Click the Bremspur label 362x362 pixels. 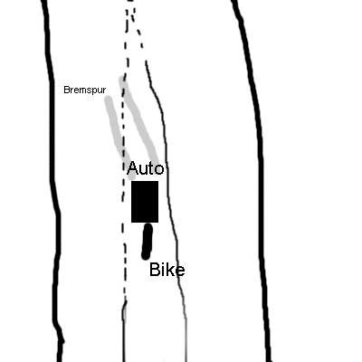[85, 90]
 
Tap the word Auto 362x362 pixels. [146, 168]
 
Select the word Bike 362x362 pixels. [167, 270]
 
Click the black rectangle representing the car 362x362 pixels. [145, 202]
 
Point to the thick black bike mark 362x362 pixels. [147, 242]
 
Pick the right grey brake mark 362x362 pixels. [139, 120]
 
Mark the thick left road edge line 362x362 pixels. [53, 181]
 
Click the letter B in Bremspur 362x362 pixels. [67, 90]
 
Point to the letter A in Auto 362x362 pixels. [133, 168]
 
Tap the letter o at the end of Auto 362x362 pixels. [159, 170]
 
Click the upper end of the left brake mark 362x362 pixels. [109, 99]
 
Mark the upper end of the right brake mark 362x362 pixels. [122, 79]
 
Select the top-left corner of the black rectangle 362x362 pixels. [131, 181]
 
